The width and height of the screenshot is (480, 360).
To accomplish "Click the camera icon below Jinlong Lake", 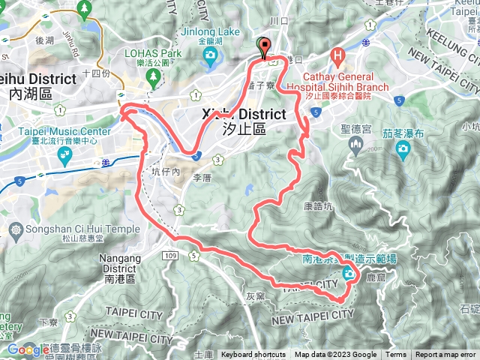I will pyautogui.click(x=211, y=55).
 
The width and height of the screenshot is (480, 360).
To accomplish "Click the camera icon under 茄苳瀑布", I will pyautogui.click(x=403, y=148).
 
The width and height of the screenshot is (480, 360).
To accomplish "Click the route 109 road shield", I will pyautogui.click(x=169, y=256).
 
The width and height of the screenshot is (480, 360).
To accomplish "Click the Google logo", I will pyautogui.click(x=27, y=349).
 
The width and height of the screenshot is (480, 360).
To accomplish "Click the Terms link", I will pyautogui.click(x=396, y=355).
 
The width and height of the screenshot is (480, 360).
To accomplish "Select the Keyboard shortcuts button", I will pyautogui.click(x=253, y=355).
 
